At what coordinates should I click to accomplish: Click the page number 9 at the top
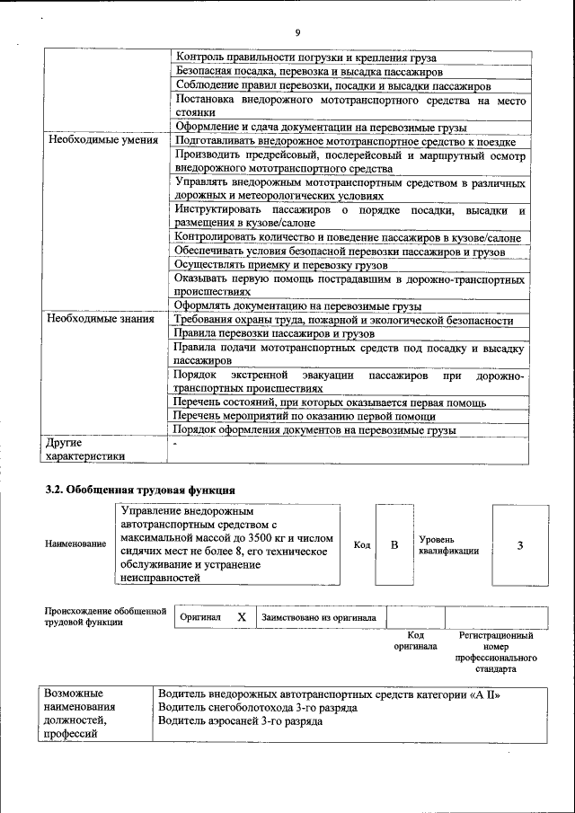pos(296,33)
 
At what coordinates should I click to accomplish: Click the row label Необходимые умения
pos(102,141)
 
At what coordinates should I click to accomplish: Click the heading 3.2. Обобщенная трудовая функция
pos(141,490)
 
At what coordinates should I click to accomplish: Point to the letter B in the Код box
pos(394,545)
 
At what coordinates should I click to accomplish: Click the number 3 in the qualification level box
pos(519,545)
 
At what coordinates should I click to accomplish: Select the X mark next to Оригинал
pos(241,618)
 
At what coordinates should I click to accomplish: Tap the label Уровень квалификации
pos(448,544)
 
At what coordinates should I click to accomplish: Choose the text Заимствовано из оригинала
pos(319,618)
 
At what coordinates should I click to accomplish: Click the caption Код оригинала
pos(415,641)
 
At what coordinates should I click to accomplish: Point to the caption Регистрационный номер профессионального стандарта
pos(496,652)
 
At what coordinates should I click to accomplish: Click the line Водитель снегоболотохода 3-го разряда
pos(257,708)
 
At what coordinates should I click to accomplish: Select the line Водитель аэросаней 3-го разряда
pos(240,721)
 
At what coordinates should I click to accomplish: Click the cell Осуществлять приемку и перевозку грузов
pos(282,266)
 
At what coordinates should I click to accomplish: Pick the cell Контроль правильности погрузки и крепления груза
pos(295,57)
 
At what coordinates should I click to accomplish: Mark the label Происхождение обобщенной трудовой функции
pos(106,616)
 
